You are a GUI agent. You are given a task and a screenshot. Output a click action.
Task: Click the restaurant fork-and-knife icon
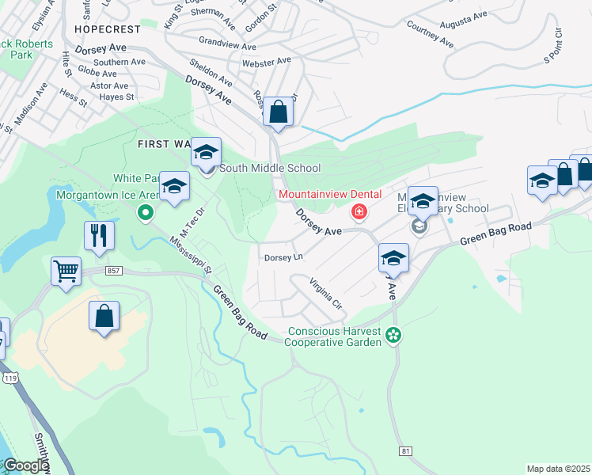99,235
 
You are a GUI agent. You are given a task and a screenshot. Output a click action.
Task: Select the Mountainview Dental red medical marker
359,211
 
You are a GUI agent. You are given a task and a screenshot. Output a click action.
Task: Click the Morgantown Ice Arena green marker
145,211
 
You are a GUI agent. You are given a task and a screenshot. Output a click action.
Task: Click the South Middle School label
270,168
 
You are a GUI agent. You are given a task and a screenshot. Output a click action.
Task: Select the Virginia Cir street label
325,294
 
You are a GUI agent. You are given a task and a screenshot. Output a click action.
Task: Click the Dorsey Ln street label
283,257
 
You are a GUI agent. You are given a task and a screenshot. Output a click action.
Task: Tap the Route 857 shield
112,270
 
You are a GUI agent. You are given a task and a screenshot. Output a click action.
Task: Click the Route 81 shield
406,450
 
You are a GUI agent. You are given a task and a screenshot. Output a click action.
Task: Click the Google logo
25,465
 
